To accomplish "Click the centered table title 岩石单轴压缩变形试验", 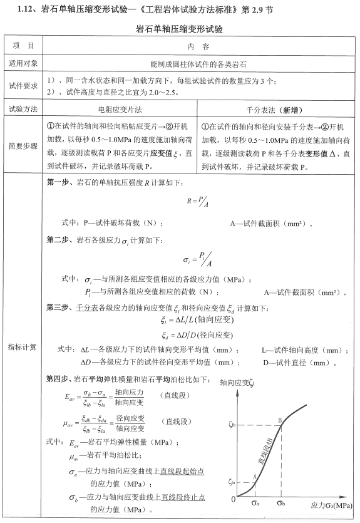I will coord(180,29).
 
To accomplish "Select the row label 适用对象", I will coord(23,63).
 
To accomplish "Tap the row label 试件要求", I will coord(23,86).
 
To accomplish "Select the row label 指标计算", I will coord(23,346).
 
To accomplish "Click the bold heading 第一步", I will coord(59,183).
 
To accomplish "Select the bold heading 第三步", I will coord(59,307).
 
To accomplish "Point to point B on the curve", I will coord(279,422).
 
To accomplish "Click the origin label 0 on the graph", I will coord(234,499).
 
